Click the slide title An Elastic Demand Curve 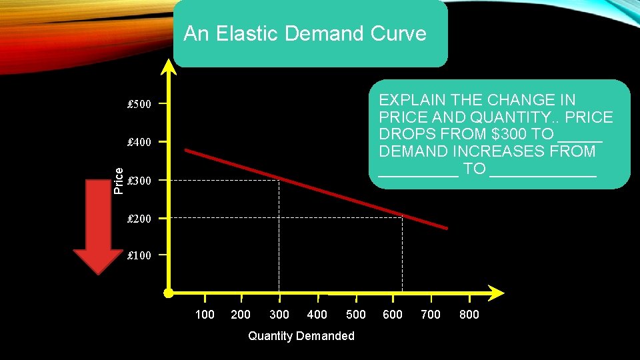pyautogui.click(x=305, y=33)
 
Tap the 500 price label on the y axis pyautogui.click(x=139, y=104)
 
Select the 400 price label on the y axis pyautogui.click(x=139, y=142)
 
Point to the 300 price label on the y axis pyautogui.click(x=139, y=181)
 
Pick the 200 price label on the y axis pyautogui.click(x=139, y=219)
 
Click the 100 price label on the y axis pyautogui.click(x=139, y=255)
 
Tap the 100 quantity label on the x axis pyautogui.click(x=205, y=315)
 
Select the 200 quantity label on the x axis pyautogui.click(x=241, y=315)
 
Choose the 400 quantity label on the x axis pyautogui.click(x=317, y=315)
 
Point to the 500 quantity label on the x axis pyautogui.click(x=356, y=315)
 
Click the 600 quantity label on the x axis pyautogui.click(x=393, y=315)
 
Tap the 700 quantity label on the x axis pyautogui.click(x=431, y=315)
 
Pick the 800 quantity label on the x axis pyautogui.click(x=469, y=315)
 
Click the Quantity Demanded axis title pyautogui.click(x=301, y=336)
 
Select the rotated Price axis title pyautogui.click(x=119, y=181)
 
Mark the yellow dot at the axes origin pyautogui.click(x=169, y=293)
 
